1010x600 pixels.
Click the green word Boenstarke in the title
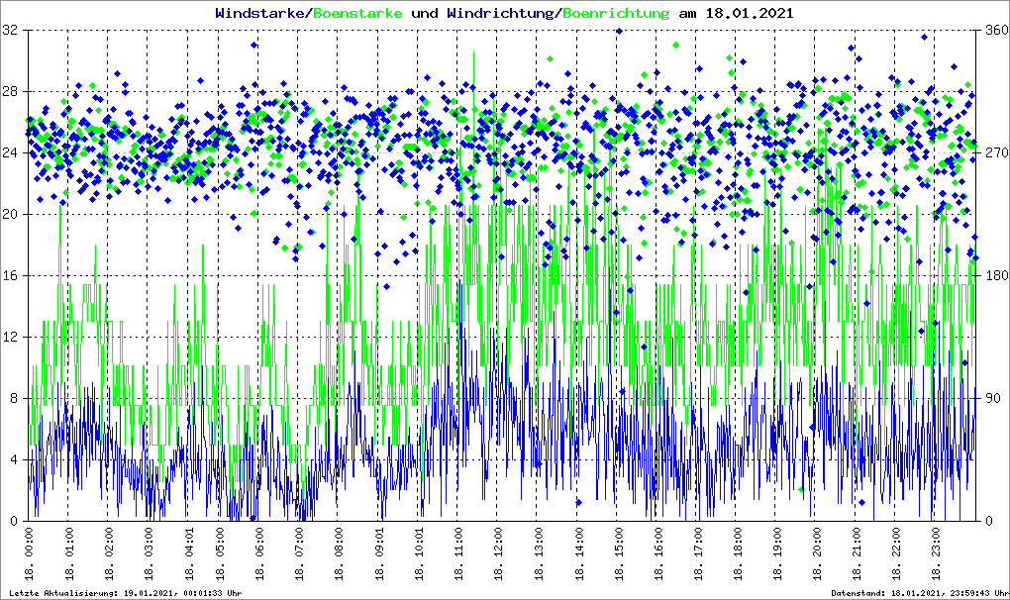pyautogui.click(x=358, y=14)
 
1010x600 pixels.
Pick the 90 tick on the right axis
pyautogui.click(x=990, y=399)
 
